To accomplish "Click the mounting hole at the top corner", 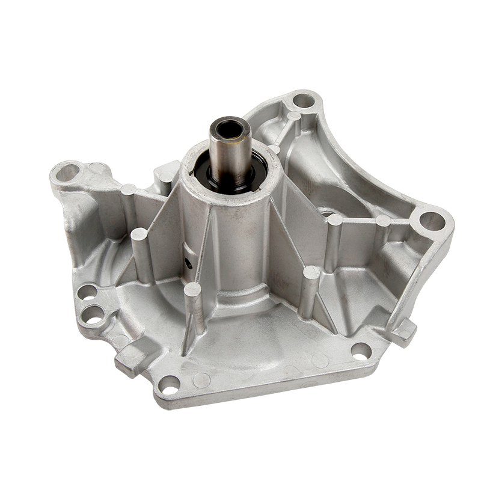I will (x=304, y=100).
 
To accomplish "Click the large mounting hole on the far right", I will (x=432, y=221).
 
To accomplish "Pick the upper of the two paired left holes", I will (x=87, y=292).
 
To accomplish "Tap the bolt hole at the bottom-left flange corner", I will (x=170, y=385).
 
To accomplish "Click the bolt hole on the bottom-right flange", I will (x=361, y=351).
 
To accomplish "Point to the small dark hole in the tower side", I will (x=189, y=263).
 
